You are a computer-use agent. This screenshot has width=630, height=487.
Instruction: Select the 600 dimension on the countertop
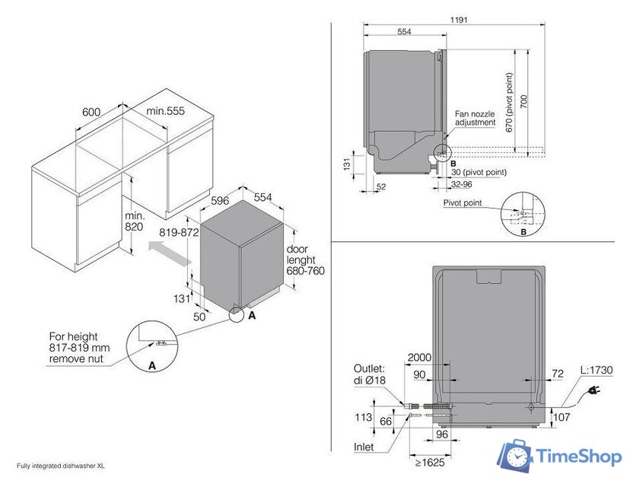click(x=91, y=112)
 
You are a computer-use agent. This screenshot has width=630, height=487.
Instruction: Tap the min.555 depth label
click(x=166, y=112)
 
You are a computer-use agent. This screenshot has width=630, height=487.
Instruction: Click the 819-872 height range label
click(x=179, y=231)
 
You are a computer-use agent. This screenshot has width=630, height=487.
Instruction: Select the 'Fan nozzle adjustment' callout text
click(x=475, y=118)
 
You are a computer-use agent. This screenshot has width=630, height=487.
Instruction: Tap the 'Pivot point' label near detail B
click(x=462, y=203)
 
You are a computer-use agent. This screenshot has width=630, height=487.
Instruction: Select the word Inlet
click(x=364, y=447)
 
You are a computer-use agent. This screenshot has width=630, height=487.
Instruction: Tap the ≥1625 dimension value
click(x=431, y=462)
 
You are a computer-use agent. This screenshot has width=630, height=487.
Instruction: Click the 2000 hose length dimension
click(x=419, y=358)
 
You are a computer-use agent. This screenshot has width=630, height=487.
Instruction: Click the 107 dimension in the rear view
click(x=560, y=417)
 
